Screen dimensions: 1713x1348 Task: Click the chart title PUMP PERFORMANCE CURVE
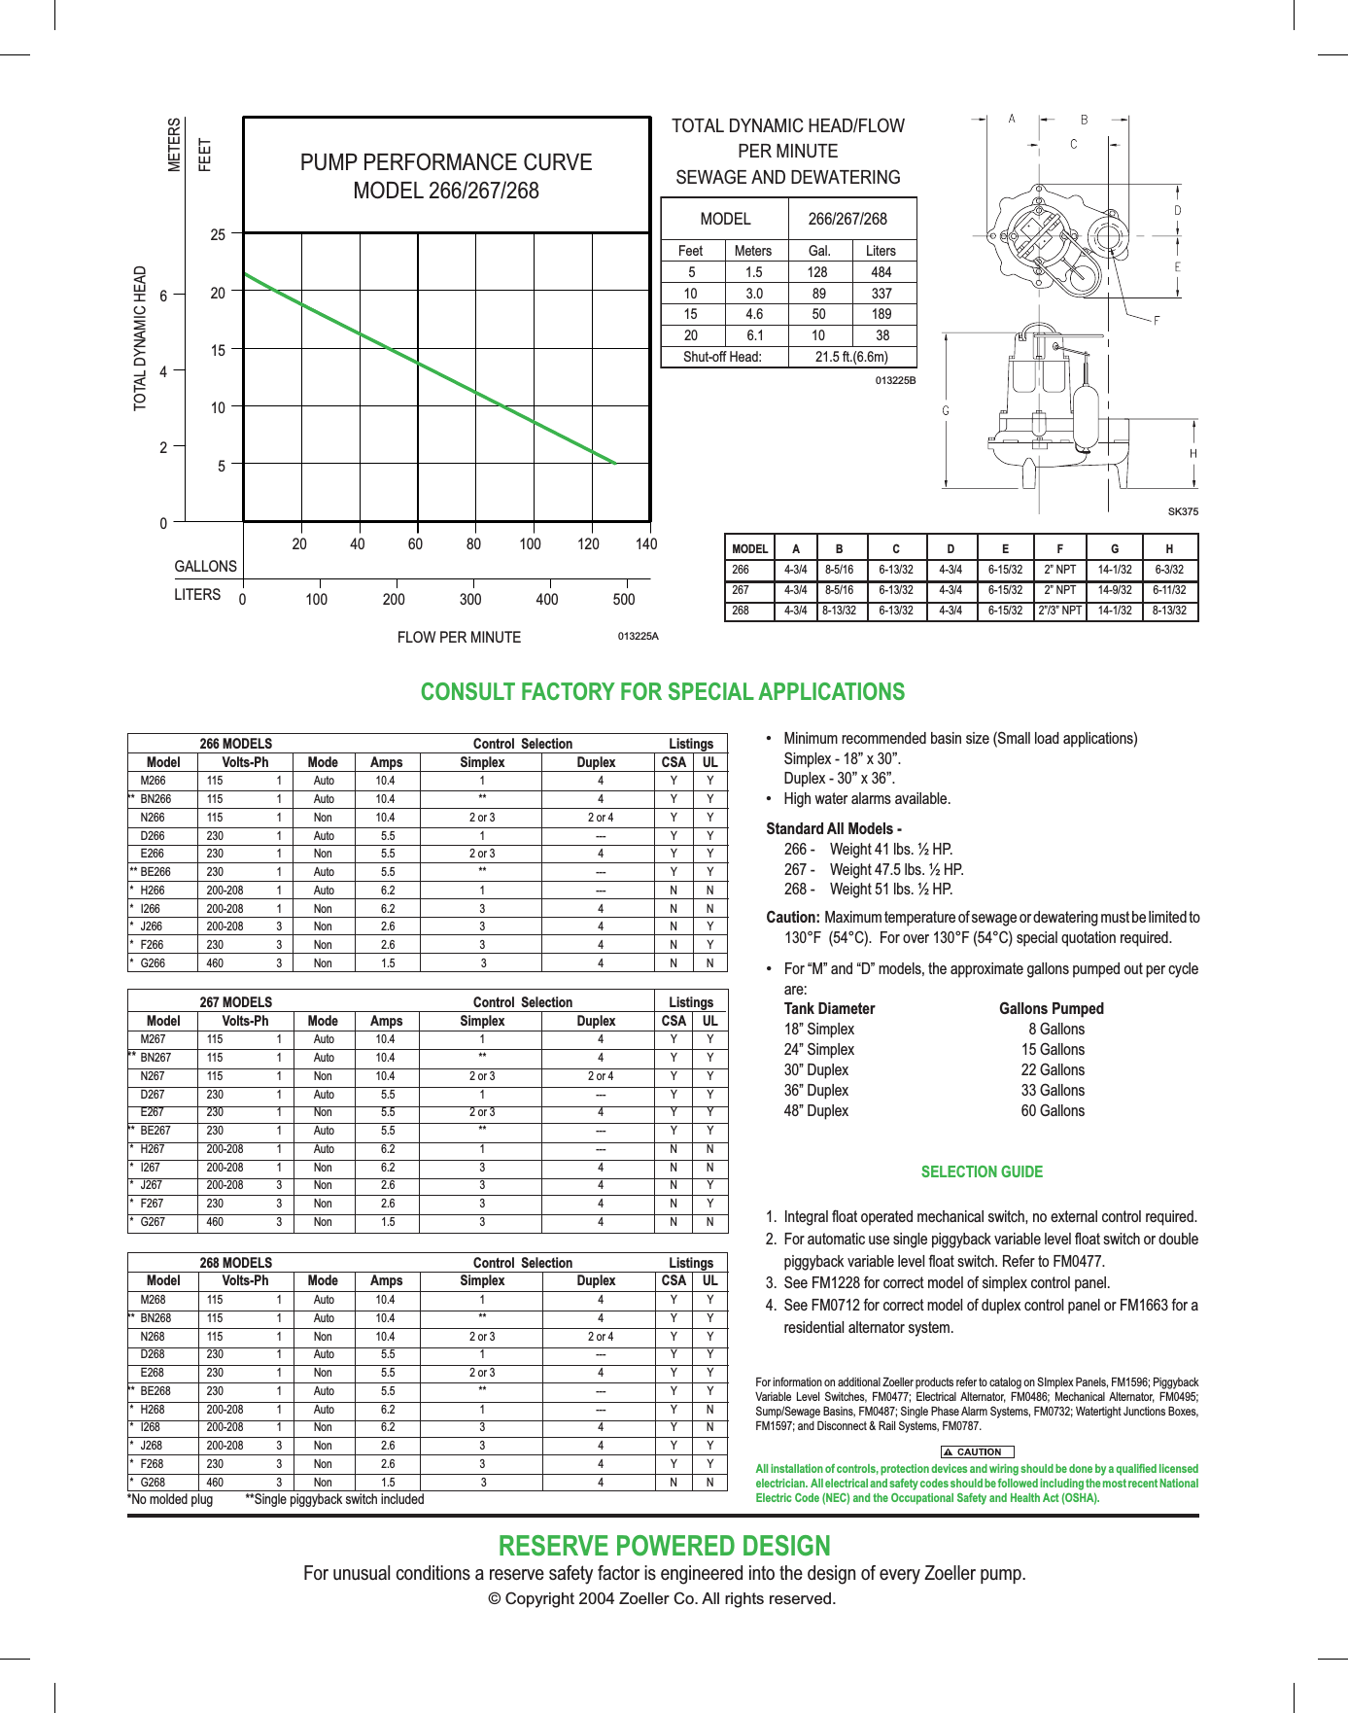coord(446,162)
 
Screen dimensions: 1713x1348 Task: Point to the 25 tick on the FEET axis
coord(218,234)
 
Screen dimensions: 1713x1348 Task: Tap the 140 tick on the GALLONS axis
coord(646,544)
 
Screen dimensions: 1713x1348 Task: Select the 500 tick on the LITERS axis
coord(624,600)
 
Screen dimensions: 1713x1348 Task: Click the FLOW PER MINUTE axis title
coord(459,638)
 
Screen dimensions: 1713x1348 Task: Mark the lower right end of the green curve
coord(615,464)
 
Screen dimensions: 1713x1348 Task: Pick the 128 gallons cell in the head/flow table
coord(817,272)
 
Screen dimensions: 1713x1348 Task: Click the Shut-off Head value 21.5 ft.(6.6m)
coord(851,357)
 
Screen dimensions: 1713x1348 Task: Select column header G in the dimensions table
coord(1115,548)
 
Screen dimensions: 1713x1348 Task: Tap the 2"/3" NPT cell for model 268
coord(1059,612)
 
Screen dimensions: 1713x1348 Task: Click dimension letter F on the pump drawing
coord(1157,321)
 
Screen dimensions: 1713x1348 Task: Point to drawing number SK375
coord(1183,511)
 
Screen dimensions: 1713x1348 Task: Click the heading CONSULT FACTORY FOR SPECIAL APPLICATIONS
coord(662,692)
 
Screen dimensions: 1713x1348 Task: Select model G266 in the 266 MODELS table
coord(153,963)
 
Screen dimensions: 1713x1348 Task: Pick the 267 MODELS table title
coord(236,1002)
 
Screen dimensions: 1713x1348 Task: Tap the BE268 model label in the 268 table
coord(155,1391)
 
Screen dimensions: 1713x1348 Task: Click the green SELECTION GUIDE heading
coord(982,1172)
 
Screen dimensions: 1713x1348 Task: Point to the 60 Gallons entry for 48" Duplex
coord(1053,1111)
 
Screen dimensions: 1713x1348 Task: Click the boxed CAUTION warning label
coord(978,1451)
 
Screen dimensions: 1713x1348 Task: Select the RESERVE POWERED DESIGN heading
coord(664,1546)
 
